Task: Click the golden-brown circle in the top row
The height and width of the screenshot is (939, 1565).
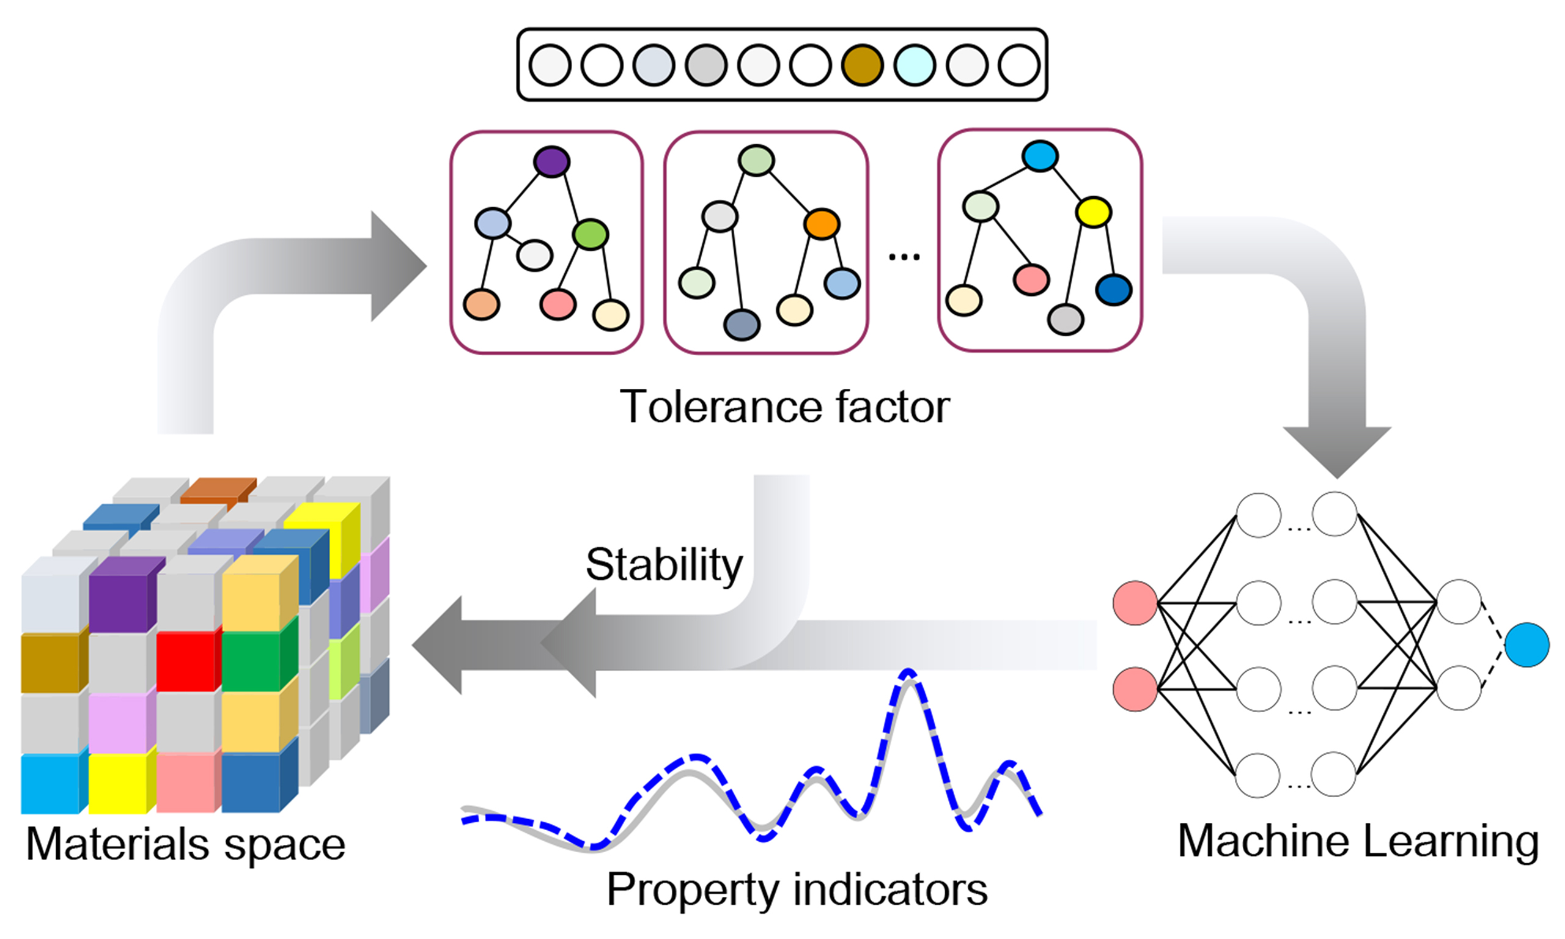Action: [862, 65]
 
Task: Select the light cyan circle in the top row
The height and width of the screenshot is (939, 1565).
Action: [915, 65]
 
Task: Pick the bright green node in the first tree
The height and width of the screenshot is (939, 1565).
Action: [590, 234]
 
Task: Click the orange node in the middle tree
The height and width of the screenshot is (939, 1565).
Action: [822, 224]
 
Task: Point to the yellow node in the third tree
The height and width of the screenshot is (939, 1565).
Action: [1094, 212]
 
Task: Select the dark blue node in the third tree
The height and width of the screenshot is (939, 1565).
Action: [1113, 290]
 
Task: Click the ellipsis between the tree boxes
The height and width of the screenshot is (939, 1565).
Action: [904, 256]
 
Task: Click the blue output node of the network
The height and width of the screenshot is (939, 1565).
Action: [1527, 645]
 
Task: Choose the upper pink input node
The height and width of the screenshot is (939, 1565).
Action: [1135, 603]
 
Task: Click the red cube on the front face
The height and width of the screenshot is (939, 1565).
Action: [186, 661]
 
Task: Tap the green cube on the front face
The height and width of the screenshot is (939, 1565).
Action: [252, 661]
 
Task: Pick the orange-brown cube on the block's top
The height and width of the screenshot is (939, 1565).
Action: [218, 488]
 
